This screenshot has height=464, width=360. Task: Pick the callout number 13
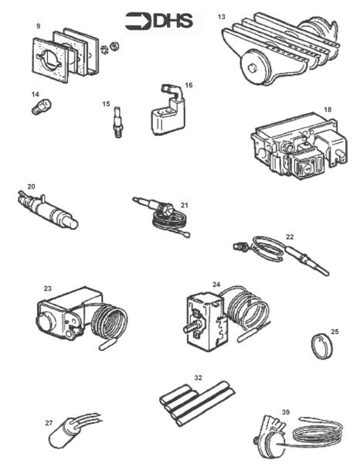pos(222,16)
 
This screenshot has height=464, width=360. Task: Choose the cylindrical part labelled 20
pos(46,210)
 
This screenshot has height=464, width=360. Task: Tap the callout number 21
pos(185,204)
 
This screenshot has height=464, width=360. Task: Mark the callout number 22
pos(290,237)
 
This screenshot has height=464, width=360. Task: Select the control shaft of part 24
pos(187,329)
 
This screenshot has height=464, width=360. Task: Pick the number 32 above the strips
pos(198,378)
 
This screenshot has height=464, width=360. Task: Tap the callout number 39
pos(286,413)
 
